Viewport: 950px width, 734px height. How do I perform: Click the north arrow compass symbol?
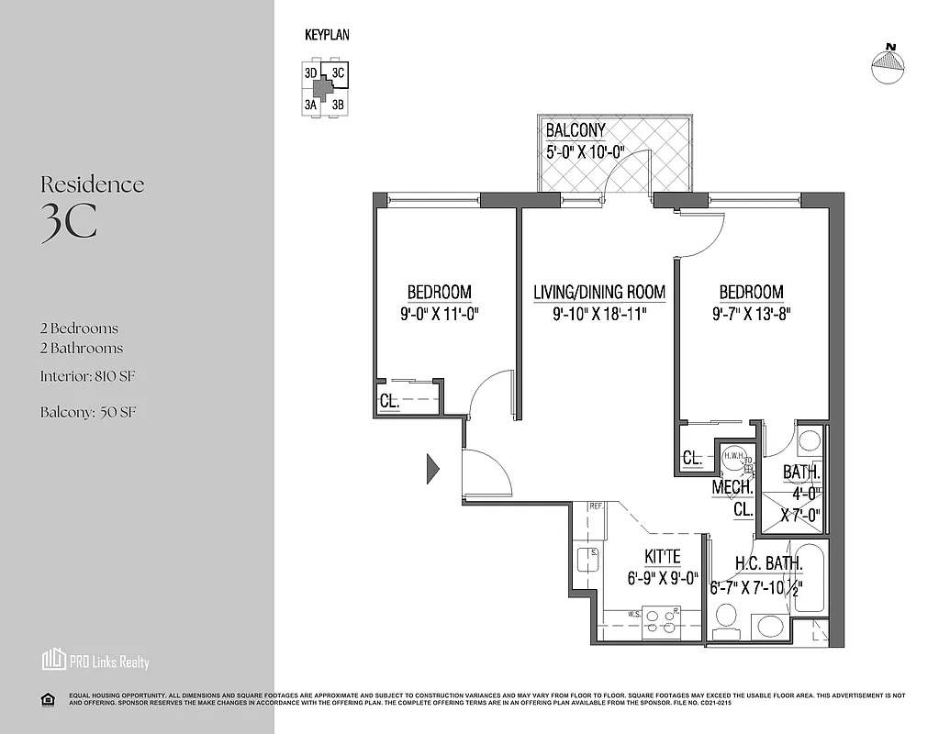tap(888, 65)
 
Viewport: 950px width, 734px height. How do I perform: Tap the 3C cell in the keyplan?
tap(338, 73)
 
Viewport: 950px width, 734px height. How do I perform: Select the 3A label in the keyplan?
tap(310, 106)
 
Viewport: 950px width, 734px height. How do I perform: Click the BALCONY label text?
tap(576, 130)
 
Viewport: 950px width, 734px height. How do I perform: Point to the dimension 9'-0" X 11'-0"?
tap(440, 314)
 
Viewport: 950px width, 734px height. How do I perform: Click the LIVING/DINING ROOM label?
tap(599, 293)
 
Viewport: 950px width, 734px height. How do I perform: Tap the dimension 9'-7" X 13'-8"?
tap(751, 314)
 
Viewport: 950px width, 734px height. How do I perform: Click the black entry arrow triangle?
tap(432, 469)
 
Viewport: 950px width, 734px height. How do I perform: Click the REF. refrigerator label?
tap(596, 506)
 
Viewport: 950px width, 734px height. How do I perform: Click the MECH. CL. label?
tap(732, 497)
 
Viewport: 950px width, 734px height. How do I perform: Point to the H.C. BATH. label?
tap(769, 563)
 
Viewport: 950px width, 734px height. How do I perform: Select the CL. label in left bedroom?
tap(389, 401)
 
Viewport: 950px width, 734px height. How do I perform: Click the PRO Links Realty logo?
tap(95, 661)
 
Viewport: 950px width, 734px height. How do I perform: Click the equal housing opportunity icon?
tap(49, 699)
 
